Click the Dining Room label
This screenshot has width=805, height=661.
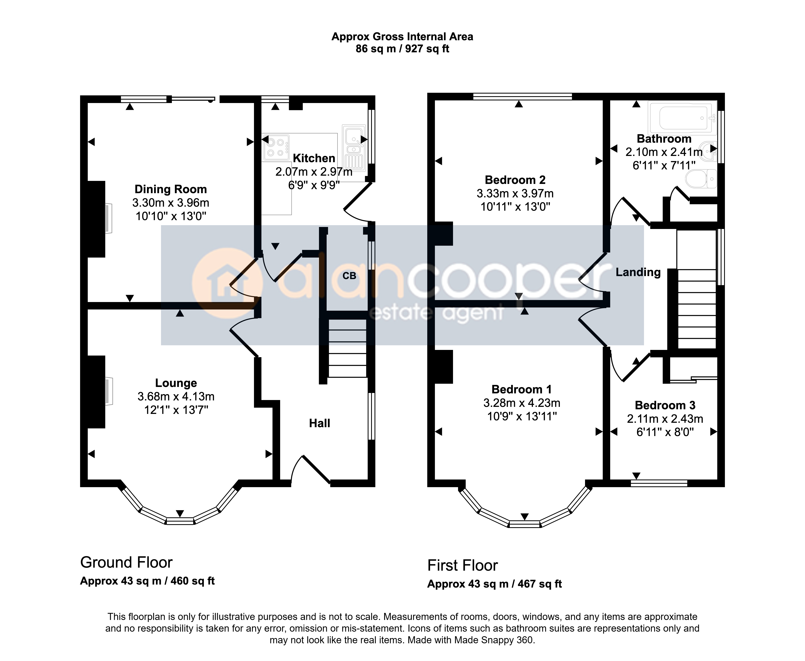[x=171, y=189]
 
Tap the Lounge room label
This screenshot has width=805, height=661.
[x=176, y=383]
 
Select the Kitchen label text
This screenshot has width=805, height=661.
[x=314, y=158]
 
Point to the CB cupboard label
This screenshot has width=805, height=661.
[x=349, y=276]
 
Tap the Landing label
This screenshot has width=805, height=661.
[x=638, y=272]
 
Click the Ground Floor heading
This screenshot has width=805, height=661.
[x=126, y=562]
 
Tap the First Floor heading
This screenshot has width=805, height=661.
[x=463, y=565]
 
